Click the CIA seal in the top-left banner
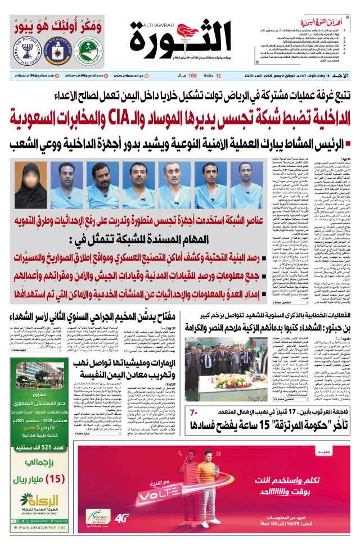(x=56, y=51)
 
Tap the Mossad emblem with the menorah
(x=23, y=51)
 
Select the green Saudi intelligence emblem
(x=89, y=51)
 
